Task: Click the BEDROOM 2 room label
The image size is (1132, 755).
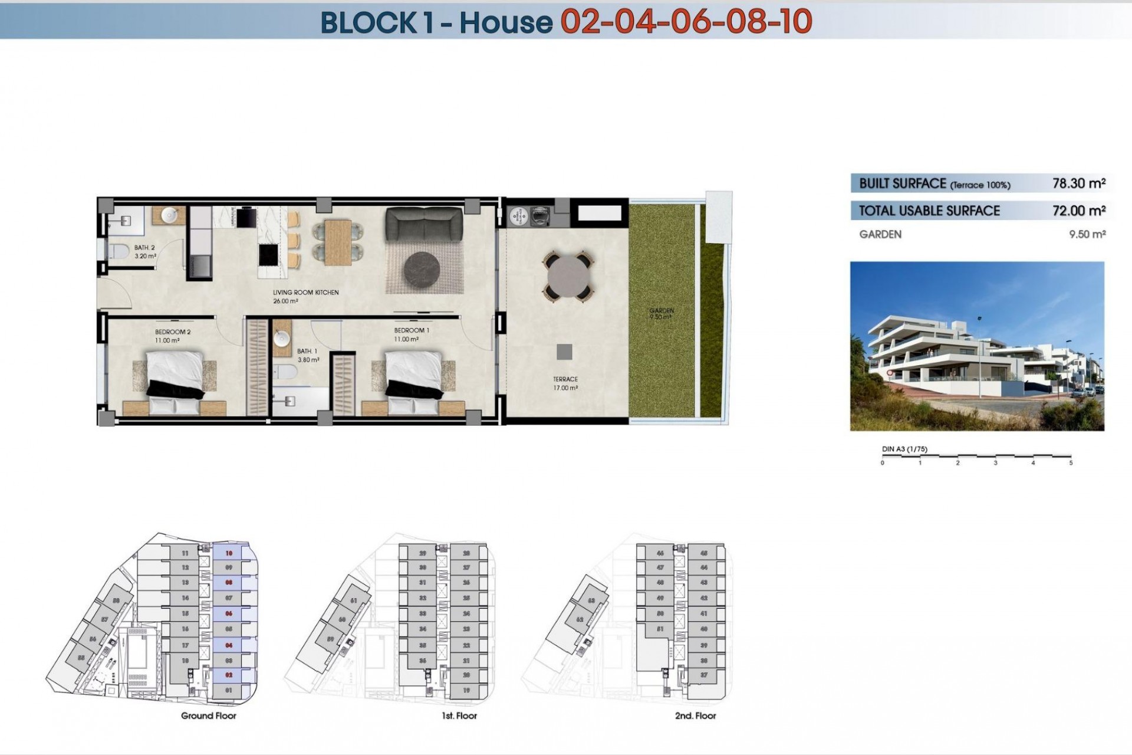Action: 173,332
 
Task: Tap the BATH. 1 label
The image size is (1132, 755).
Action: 307,352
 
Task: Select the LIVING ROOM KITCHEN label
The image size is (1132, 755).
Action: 305,293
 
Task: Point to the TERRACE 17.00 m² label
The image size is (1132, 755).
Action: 565,383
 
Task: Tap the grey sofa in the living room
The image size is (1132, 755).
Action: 424,225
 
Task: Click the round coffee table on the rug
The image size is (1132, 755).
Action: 422,270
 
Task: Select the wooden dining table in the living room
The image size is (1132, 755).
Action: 338,242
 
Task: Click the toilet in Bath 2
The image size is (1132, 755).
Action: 119,252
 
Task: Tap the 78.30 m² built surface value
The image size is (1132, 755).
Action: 1078,183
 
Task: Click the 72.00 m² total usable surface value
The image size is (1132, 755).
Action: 1078,211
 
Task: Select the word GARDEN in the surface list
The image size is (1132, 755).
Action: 880,235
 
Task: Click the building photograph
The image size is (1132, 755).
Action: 976,346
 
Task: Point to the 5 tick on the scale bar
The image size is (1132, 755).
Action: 1071,463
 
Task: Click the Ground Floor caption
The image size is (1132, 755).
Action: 208,716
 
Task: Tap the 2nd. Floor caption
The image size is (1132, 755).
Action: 695,716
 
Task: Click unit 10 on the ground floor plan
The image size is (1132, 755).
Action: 229,553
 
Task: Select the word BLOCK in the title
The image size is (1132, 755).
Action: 368,23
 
